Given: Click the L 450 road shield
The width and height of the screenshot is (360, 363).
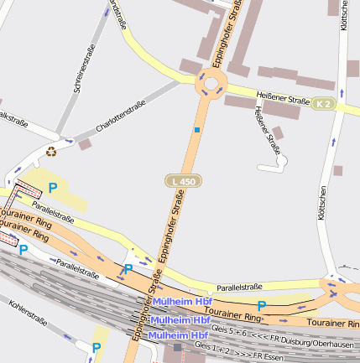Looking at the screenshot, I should coord(182,181).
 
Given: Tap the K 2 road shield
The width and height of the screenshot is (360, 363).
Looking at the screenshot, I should coord(323,104).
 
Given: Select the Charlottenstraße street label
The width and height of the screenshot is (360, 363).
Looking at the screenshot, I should coord(121,116).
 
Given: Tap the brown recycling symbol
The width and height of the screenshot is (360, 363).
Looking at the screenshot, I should coord(51,152).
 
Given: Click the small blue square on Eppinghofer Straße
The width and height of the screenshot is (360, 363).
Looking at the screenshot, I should coord(197,130).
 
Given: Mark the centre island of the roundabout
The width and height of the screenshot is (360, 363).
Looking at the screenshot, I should coord(210,82).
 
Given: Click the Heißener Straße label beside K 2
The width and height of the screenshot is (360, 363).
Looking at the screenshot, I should coord(283,99).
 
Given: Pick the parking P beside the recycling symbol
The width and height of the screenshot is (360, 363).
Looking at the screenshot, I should coord(52,189).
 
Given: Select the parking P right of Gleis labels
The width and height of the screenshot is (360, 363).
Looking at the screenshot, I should coord(262,306).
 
